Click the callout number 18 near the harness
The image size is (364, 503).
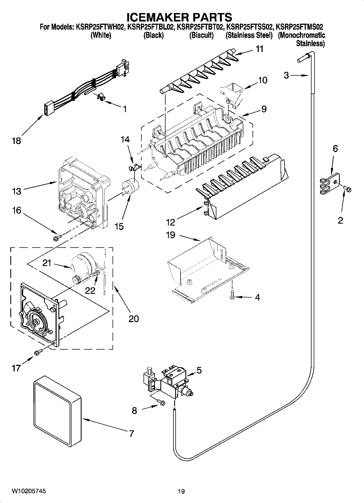click(x=16, y=141)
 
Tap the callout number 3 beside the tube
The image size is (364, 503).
click(x=286, y=75)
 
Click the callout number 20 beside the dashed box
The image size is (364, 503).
click(x=133, y=318)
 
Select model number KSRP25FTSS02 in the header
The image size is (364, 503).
click(x=250, y=27)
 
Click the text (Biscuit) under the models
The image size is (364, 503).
click(x=201, y=35)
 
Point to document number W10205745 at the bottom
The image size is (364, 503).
click(x=28, y=491)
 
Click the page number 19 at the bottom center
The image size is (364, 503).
click(x=181, y=491)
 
